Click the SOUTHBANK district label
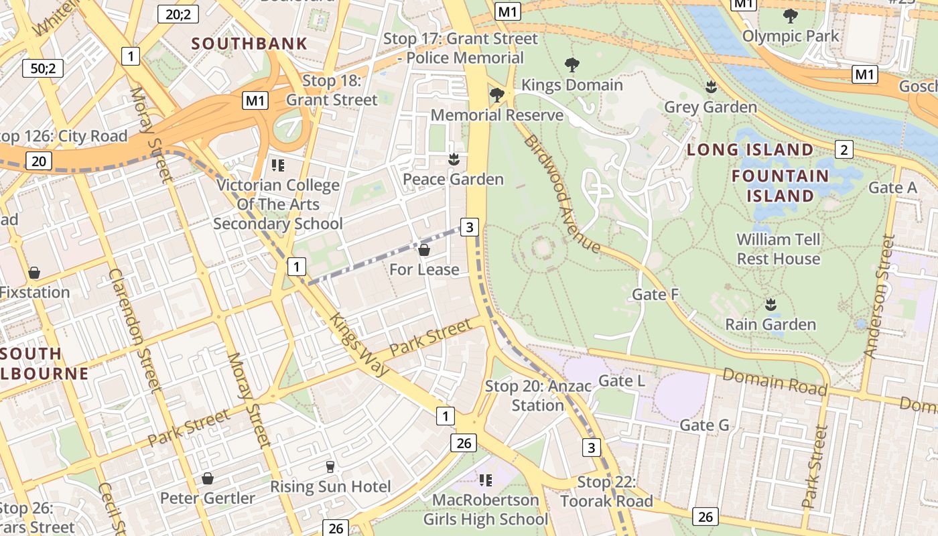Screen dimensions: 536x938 click(249, 44)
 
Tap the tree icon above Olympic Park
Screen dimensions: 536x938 click(790, 15)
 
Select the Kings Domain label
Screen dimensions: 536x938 click(572, 85)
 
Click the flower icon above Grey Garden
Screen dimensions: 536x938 click(711, 87)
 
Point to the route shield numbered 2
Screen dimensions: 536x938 click(844, 149)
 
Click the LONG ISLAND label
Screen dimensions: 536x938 click(750, 150)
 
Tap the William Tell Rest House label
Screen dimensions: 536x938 click(778, 249)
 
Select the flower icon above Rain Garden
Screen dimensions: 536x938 click(770, 305)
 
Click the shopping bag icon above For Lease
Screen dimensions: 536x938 click(423, 250)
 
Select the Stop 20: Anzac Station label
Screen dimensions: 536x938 click(538, 395)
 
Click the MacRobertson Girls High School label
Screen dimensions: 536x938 click(486, 509)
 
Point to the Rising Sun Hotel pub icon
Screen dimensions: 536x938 click(330, 466)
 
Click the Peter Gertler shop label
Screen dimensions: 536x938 click(208, 498)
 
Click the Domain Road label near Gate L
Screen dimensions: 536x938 click(774, 382)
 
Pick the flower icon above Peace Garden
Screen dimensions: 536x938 click(454, 159)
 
